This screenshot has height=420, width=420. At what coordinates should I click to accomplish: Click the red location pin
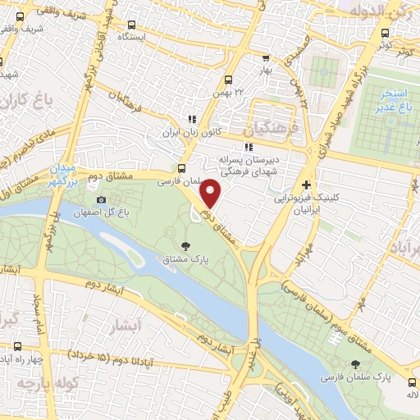click(211, 194)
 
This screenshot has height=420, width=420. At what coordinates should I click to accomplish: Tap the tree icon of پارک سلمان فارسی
click(354, 365)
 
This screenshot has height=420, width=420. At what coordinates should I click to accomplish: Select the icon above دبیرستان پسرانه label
click(249, 147)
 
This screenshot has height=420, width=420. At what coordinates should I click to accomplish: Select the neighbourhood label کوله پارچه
click(38, 384)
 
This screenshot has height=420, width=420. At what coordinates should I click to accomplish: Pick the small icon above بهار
click(265, 58)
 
